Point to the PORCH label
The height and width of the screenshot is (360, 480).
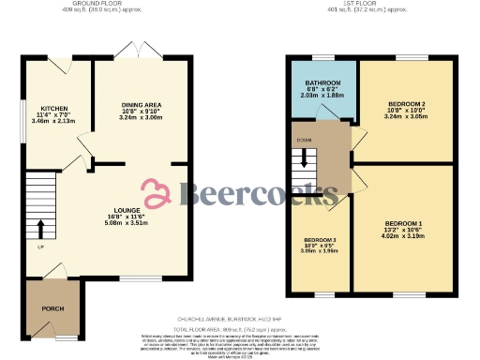[52, 307]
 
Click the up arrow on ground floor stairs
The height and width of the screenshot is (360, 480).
[40, 230]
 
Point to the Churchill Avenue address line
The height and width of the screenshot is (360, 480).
[238, 321]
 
